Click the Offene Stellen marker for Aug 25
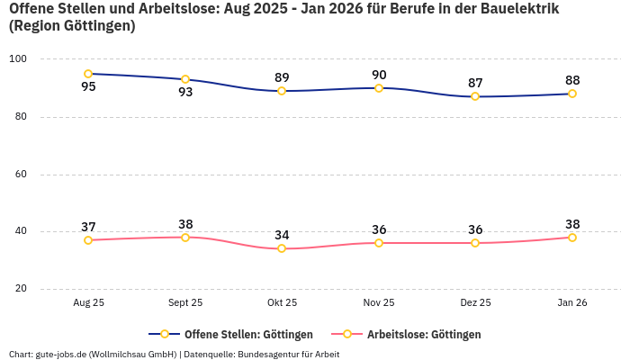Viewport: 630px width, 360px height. pos(88,74)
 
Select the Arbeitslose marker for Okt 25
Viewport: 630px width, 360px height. pos(282,248)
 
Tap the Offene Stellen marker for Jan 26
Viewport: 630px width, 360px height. pos(571,94)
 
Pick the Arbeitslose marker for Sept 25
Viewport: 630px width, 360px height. pos(185,238)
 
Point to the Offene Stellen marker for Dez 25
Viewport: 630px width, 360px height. pos(475,96)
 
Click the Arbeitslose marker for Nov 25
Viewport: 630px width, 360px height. pos(379,243)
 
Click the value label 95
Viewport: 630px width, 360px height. pos(88,87)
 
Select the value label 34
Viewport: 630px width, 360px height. pos(282,235)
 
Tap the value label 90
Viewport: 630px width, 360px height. pos(379,75)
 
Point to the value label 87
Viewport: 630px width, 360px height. pos(475,83)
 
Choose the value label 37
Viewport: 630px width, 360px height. pos(88,227)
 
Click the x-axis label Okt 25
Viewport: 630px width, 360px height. pos(282,303)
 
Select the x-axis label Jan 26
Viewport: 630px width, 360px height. pos(571,303)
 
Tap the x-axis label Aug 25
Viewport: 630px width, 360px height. pos(88,303)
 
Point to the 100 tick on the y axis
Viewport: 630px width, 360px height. pos(18,59)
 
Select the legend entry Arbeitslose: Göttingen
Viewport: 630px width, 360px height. pos(424,335)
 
